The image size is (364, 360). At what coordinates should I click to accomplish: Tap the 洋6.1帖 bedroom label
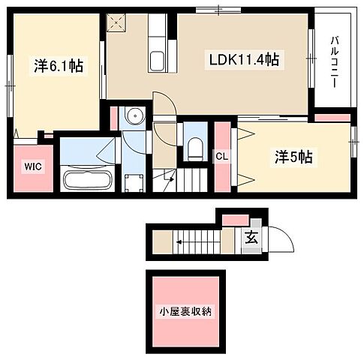pyautogui.click(x=56, y=66)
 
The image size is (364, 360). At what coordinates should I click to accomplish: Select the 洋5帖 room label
pyautogui.click(x=293, y=157)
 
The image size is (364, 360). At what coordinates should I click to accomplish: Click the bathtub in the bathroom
pyautogui.click(x=88, y=180)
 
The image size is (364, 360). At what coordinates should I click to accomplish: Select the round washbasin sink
pyautogui.click(x=135, y=116)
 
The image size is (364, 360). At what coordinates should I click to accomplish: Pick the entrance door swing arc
pyautogui.click(x=280, y=240)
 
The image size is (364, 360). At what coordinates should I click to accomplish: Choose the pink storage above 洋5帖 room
pyautogui.click(x=331, y=117)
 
